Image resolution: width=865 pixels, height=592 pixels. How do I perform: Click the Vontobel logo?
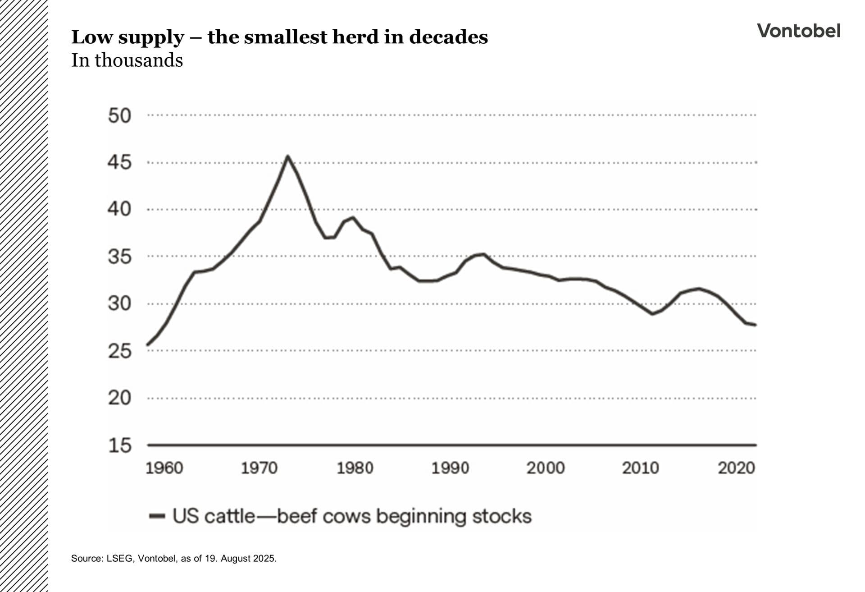tap(798, 31)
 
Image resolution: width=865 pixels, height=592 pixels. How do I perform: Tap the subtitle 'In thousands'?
tap(127, 60)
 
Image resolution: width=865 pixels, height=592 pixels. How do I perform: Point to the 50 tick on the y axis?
tap(119, 116)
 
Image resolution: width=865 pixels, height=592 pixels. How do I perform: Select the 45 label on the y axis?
tap(119, 162)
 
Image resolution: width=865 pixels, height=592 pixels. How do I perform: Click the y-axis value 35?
tap(119, 257)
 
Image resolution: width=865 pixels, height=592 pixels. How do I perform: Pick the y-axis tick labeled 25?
tap(119, 351)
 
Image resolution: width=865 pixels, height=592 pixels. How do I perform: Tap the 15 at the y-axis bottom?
tap(119, 445)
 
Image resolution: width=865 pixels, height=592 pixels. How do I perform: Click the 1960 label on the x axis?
tap(164, 468)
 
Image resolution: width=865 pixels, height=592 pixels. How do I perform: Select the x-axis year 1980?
tap(355, 468)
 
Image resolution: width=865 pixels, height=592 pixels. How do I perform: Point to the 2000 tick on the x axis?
tap(545, 468)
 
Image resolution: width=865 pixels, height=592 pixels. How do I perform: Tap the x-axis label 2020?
tap(736, 468)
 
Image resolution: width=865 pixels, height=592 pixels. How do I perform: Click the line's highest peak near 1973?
tap(287, 156)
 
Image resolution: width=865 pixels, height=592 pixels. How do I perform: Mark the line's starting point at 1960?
tap(148, 345)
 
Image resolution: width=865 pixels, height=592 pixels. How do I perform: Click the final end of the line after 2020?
tap(756, 325)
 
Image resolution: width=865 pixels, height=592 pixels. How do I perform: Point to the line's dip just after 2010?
tap(652, 314)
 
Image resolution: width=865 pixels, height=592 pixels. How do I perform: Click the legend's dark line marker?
tap(157, 516)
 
